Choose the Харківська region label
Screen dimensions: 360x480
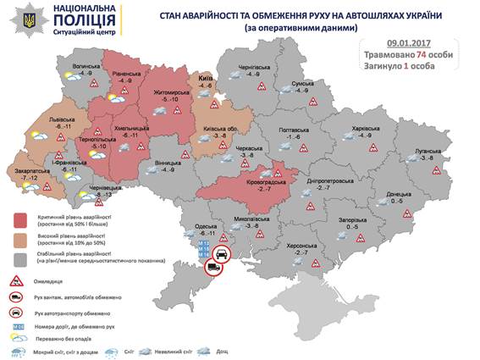pos(365,128)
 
